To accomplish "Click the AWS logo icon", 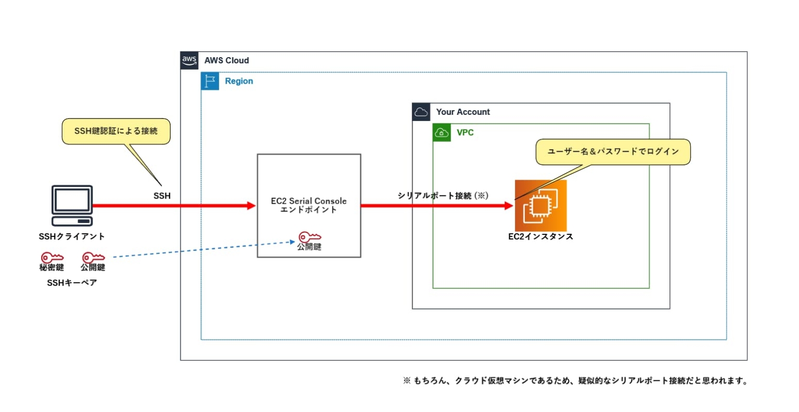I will coord(189,60).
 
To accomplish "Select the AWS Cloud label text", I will coord(226,60).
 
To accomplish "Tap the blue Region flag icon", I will coord(210,81).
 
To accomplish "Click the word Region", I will coord(239,81).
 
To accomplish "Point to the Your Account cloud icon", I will coord(421,112).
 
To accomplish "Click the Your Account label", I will coord(462,112).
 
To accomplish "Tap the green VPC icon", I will coord(442,132).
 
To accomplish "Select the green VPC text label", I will coord(465,132).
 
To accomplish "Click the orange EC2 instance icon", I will coord(540,206).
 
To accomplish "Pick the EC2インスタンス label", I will coord(540,236).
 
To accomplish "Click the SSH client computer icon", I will coord(72,205).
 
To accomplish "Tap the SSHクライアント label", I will coord(72,236).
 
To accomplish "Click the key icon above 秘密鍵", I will coord(52,257).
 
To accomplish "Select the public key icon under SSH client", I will coord(93,257).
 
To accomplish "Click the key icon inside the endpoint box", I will coord(310,237).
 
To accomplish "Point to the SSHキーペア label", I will coord(72,283).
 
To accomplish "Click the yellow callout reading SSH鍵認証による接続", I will coord(116,131).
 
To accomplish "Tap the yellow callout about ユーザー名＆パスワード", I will coord(613,152).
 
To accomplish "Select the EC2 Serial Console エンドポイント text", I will coord(308,205).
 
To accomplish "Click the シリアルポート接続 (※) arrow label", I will coord(443,195).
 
